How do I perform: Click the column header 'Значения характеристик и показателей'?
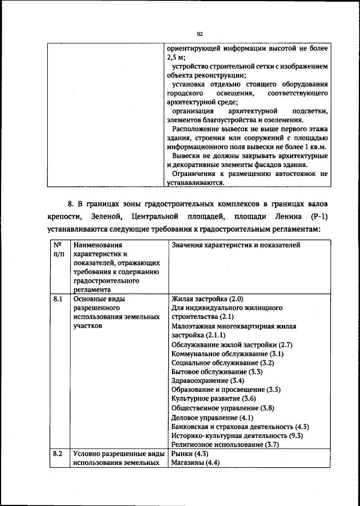[235, 245]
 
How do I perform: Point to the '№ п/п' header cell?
[57, 250]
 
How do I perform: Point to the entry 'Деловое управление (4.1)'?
[212, 418]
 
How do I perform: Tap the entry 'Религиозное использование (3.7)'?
[226, 445]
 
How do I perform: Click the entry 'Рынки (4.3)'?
[190, 453]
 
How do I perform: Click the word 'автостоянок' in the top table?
[301, 174]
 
